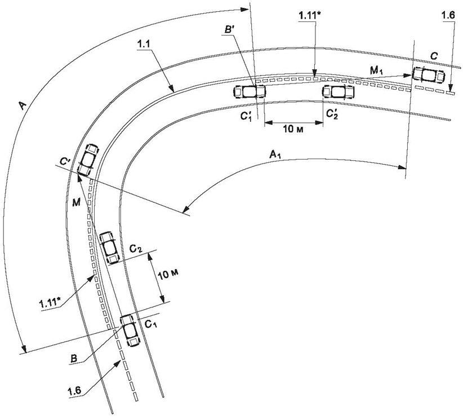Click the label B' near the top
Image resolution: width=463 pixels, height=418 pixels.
[x=229, y=29]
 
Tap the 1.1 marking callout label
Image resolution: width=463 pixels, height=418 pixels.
[x=144, y=45]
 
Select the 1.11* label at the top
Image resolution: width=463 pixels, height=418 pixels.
[x=309, y=16]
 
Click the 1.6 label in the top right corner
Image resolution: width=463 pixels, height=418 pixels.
[x=448, y=16]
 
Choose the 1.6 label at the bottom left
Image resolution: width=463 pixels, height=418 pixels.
[x=75, y=391]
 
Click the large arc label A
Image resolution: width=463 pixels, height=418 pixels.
[x=23, y=105]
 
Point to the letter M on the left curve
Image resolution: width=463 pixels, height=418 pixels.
[x=76, y=203]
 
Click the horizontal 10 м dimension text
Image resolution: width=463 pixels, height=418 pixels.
[x=293, y=129]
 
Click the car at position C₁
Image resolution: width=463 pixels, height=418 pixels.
[x=130, y=331]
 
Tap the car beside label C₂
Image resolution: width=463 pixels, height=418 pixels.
[x=109, y=248]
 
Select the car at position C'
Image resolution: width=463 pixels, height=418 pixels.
[x=88, y=160]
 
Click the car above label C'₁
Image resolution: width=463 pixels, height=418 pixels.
[x=250, y=91]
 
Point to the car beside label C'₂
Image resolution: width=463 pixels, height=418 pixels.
[x=339, y=92]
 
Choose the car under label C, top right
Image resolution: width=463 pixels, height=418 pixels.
[x=429, y=75]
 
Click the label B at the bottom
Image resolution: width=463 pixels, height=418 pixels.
[x=74, y=359]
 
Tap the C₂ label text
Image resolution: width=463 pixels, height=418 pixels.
[x=136, y=249]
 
